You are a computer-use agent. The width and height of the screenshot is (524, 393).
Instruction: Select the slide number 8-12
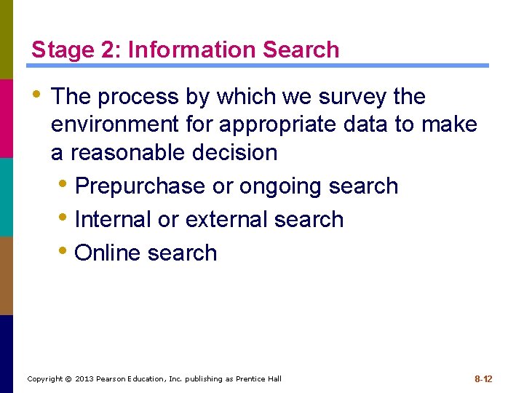tap(483, 378)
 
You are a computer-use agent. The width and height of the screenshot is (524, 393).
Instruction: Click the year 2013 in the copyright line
tap(83, 379)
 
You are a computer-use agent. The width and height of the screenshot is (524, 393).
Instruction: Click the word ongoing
tap(281, 186)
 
